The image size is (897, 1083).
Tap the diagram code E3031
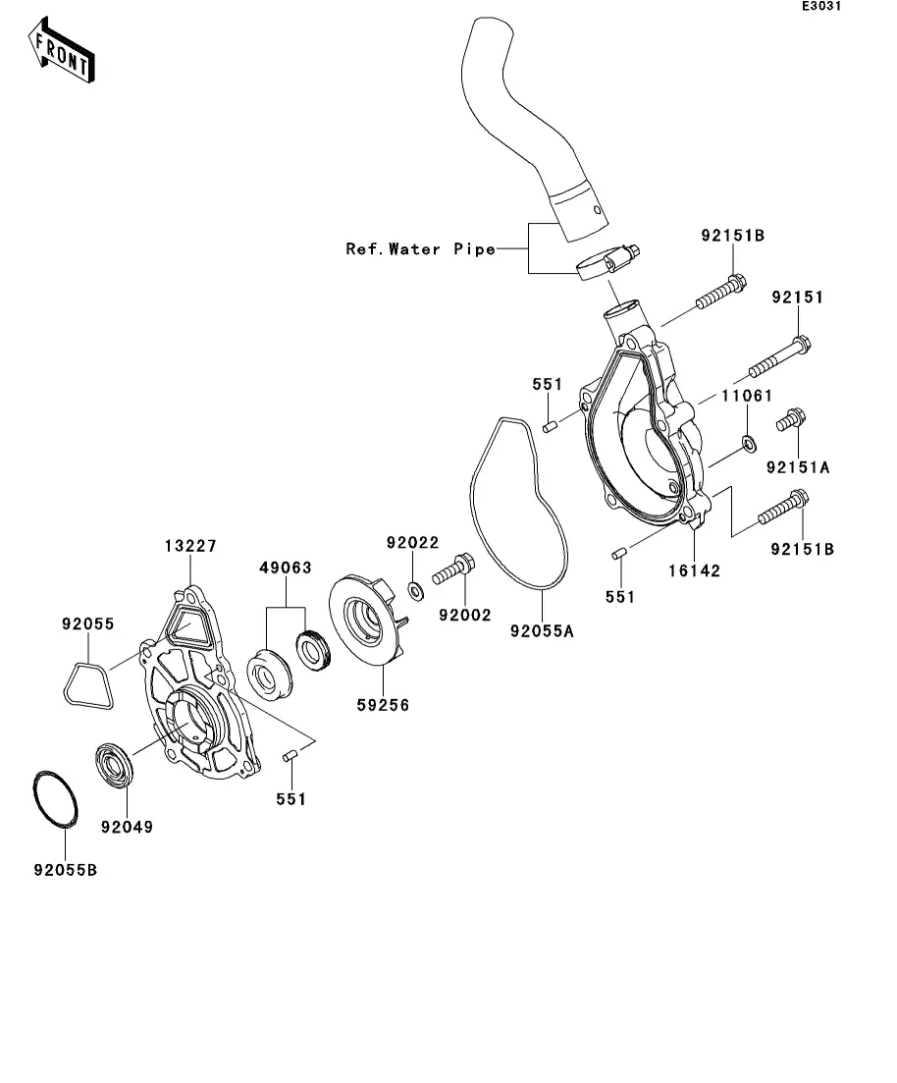821,6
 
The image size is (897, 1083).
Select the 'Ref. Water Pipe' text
421,248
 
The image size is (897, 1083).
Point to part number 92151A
798,467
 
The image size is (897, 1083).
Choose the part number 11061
747,396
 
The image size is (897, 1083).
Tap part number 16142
694,571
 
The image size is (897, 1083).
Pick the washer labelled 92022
416,591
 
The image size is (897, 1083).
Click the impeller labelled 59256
366,620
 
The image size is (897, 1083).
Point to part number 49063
286,568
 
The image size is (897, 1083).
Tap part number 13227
190,546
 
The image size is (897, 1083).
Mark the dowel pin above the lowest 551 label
290,756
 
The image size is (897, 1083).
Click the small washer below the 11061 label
749,444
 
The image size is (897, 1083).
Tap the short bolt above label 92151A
791,419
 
